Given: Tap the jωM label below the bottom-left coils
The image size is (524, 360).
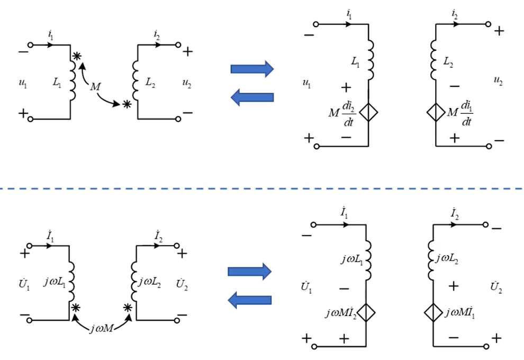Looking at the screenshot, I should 100,329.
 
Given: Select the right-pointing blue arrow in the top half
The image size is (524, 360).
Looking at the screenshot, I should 252,68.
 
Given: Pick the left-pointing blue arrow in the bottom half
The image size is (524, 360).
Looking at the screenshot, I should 249,301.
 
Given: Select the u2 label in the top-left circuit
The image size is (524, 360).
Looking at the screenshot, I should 187,82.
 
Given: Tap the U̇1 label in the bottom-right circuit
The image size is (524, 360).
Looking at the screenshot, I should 305,289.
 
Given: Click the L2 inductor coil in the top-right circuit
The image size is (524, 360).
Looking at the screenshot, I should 434,58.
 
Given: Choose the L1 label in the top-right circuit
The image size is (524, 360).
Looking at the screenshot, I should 355,61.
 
